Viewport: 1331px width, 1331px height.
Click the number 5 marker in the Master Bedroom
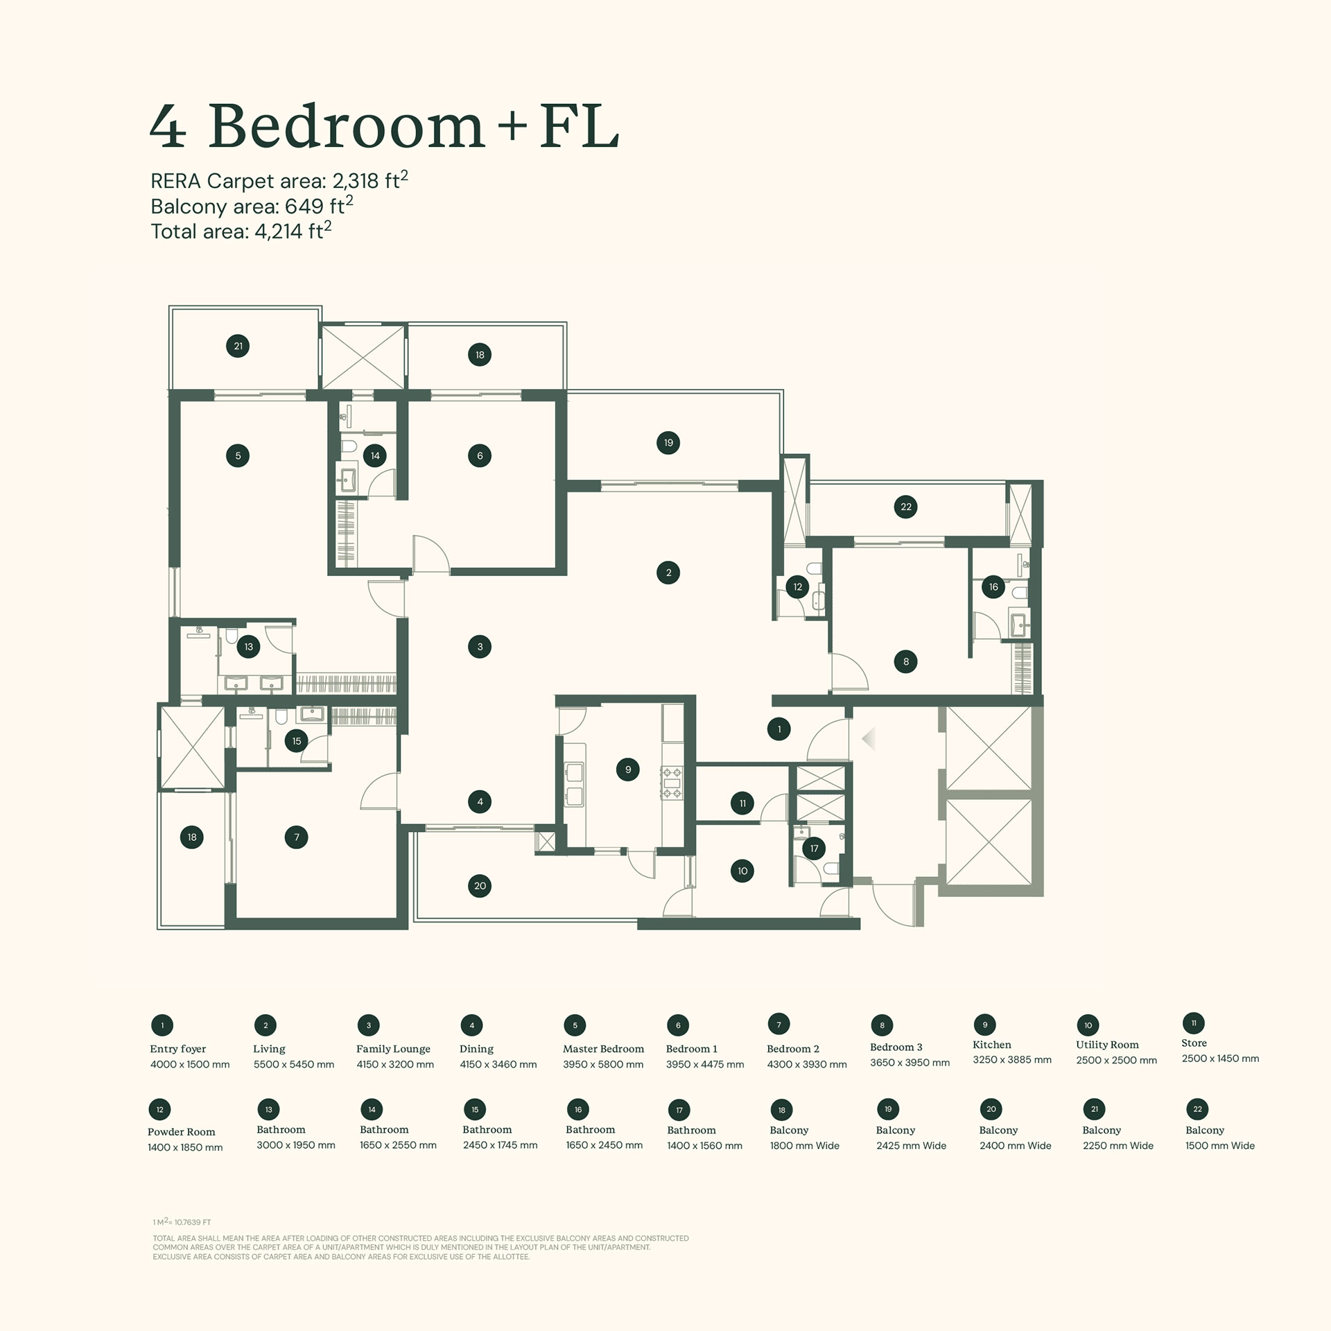pyautogui.click(x=238, y=455)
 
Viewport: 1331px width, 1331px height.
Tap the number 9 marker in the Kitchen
pyautogui.click(x=628, y=769)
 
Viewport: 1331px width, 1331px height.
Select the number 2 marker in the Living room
pyautogui.click(x=668, y=573)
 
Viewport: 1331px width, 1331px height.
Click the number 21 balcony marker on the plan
pyautogui.click(x=238, y=346)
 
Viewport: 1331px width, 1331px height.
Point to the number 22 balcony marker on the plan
pyautogui.click(x=906, y=507)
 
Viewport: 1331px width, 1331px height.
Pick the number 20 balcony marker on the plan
pyautogui.click(x=480, y=885)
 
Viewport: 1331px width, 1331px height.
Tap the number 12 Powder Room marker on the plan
pyautogui.click(x=798, y=586)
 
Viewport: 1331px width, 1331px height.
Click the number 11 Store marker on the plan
pyautogui.click(x=742, y=803)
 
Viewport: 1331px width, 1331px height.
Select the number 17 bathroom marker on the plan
pyautogui.click(x=814, y=848)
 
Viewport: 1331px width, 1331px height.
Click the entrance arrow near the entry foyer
pyautogui.click(x=869, y=739)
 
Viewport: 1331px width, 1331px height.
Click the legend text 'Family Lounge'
pyautogui.click(x=393, y=1049)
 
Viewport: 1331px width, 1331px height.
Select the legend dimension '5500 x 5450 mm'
pyautogui.click(x=294, y=1064)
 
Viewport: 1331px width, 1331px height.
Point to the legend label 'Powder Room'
pyautogui.click(x=182, y=1132)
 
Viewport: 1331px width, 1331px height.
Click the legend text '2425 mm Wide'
pyautogui.click(x=911, y=1146)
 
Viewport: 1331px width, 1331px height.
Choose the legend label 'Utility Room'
pyautogui.click(x=1107, y=1045)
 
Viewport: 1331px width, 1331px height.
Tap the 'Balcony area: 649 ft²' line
pyautogui.click(x=251, y=206)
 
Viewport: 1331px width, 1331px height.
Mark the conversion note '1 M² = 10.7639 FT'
pyautogui.click(x=182, y=1222)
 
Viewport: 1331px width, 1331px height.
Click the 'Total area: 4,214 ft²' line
pyautogui.click(x=241, y=231)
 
